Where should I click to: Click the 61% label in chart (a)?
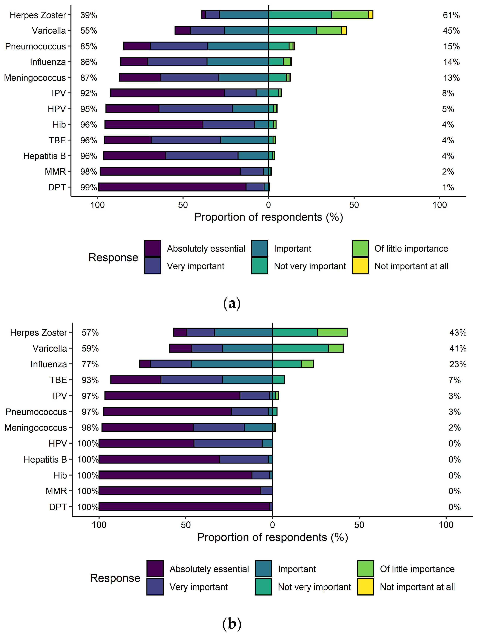click(451, 15)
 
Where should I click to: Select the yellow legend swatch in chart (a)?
click(360, 266)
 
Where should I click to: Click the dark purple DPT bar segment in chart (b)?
click(184, 507)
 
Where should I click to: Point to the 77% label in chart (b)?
click(90, 364)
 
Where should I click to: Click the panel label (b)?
click(232, 624)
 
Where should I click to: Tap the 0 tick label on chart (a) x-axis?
click(268, 205)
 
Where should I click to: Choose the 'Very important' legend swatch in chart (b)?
click(155, 587)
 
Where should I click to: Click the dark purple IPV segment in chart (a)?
click(167, 93)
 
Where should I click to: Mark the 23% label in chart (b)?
click(458, 364)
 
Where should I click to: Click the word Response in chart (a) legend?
click(113, 257)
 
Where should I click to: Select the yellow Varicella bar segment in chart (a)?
click(344, 30)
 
